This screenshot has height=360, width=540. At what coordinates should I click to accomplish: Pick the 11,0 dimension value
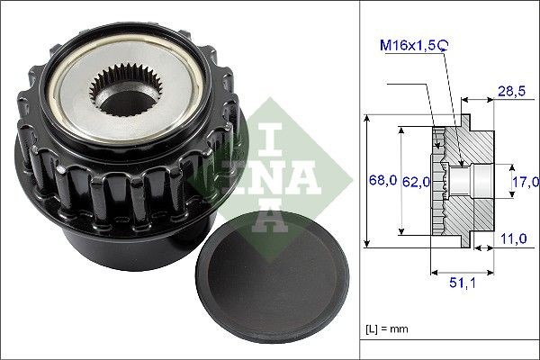pyautogui.click(x=515, y=238)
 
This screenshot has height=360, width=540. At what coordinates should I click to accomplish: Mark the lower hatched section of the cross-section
pyautogui.click(x=472, y=216)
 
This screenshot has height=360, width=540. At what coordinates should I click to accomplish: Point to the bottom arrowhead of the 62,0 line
pyautogui.click(x=401, y=235)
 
